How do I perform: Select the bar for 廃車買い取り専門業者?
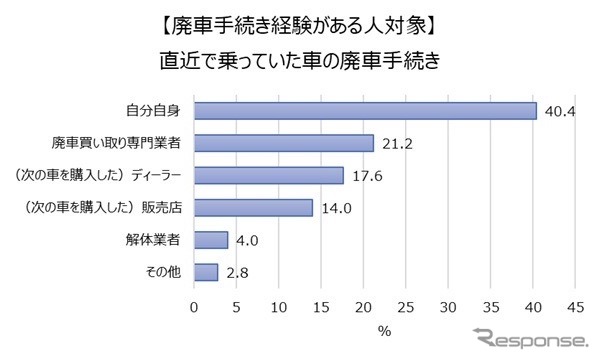[283, 143]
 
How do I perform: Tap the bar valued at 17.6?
[268, 175]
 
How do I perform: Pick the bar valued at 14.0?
[253, 208]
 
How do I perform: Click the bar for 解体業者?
[210, 240]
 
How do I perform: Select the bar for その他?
[205, 272]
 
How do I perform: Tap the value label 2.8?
[235, 272]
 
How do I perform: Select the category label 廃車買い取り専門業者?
[121, 143]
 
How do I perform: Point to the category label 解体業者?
[160, 240]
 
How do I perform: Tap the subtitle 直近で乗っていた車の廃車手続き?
[301, 58]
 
